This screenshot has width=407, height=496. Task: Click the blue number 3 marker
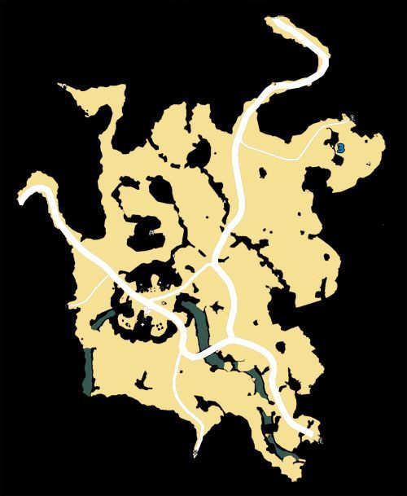point(341,147)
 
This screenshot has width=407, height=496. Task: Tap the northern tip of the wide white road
point(275,24)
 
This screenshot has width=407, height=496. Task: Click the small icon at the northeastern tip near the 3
point(353,119)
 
